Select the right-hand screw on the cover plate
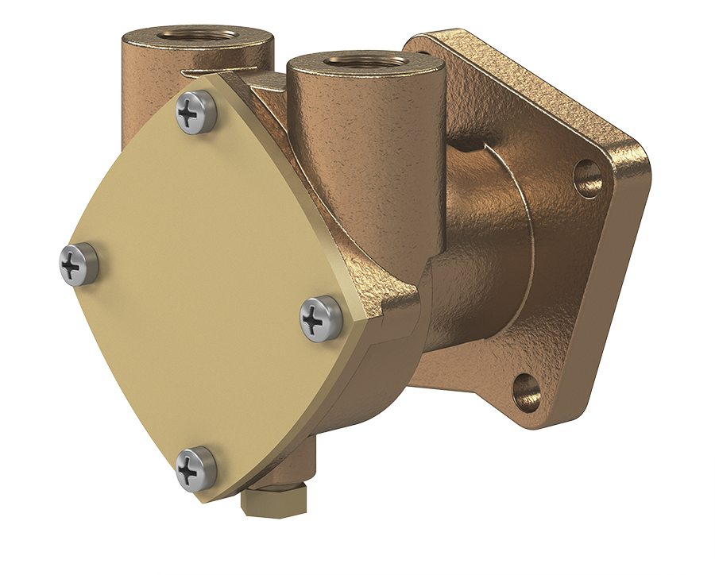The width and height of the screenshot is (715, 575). (x=321, y=318)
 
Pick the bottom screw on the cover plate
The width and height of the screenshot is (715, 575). (x=195, y=469)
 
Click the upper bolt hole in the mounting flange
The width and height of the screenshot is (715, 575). (x=587, y=178)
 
